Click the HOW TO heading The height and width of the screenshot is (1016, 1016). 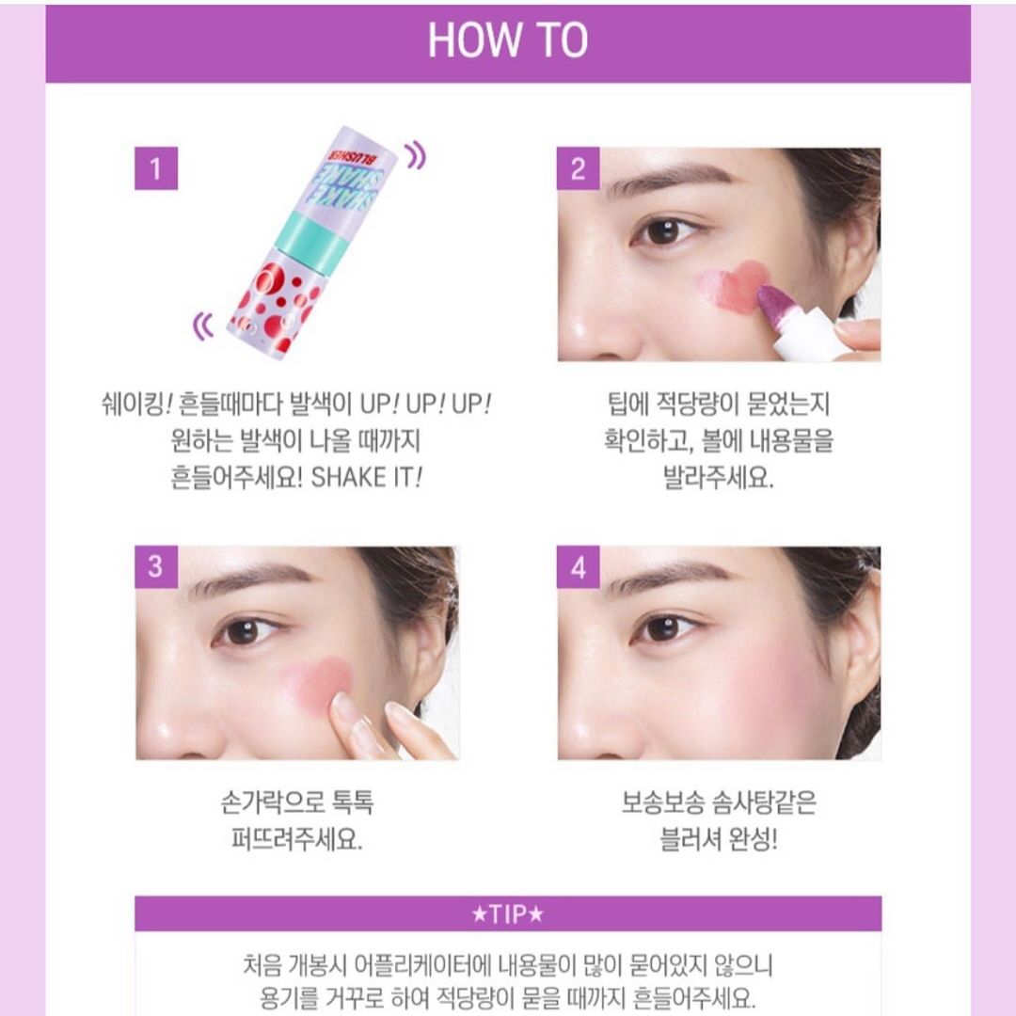507,40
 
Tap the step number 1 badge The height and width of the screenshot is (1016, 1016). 156,168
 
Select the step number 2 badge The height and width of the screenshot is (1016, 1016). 578,168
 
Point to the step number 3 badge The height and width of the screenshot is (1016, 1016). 156,566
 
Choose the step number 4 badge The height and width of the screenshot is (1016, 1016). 578,567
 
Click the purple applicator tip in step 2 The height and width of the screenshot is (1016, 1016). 774,306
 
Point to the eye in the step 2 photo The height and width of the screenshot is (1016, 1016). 663,230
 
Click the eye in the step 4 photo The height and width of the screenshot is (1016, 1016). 663,627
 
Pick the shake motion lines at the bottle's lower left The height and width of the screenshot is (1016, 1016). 203,325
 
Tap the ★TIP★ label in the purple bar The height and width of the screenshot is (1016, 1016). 508,913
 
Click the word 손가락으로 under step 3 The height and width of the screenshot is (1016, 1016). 273,802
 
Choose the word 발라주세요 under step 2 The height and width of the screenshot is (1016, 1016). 719,478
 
